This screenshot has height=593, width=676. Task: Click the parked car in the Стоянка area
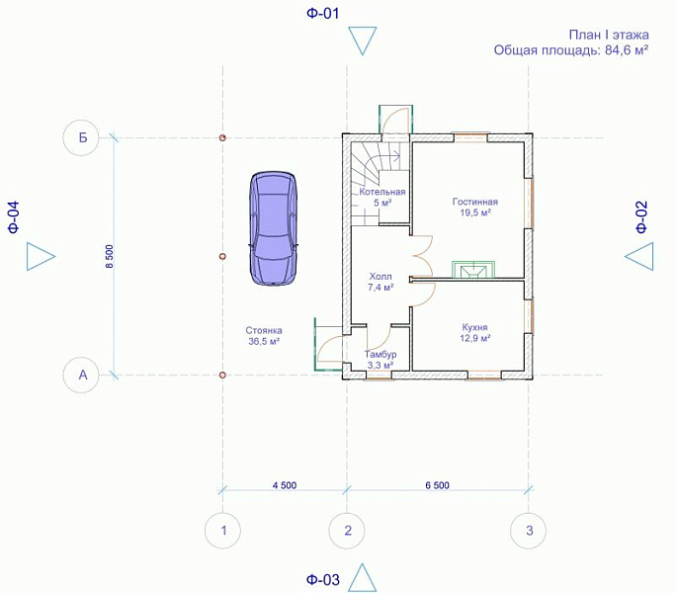coord(274,228)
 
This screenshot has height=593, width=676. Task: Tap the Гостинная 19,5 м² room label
coord(475,207)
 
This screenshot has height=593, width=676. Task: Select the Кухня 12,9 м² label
coord(474,332)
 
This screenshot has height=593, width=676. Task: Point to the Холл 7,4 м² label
coord(380,282)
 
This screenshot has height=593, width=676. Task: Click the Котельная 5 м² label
coord(382,197)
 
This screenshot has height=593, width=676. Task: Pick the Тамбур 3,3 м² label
coord(380,360)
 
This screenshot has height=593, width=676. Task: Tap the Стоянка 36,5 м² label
coord(264,336)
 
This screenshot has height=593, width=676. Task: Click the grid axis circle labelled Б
coord(81,138)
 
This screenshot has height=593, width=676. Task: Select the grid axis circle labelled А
coord(81,376)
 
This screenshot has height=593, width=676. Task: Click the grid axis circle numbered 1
coord(222,531)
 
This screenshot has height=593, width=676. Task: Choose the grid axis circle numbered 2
coord(347,531)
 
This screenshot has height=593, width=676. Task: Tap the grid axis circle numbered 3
coord(528,531)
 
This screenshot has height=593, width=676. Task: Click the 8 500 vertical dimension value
coord(109,257)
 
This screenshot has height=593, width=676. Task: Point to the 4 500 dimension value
coord(285,485)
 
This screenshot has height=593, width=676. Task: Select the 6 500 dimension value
coord(437,485)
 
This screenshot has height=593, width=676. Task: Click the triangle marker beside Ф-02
coord(638,256)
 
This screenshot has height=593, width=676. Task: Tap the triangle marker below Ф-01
coord(363,41)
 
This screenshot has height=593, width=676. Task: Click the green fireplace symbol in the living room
coord(473,270)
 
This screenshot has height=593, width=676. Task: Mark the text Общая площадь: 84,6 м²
coord(571,50)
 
